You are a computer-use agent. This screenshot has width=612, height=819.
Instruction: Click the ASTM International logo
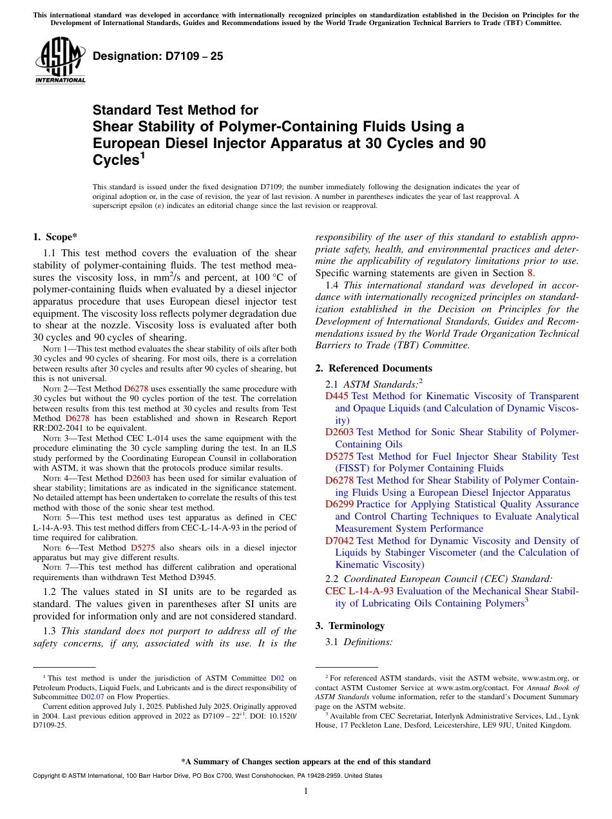[x=60, y=61]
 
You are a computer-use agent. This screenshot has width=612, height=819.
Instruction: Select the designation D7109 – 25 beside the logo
[x=158, y=56]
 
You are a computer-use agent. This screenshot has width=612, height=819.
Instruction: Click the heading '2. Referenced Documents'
[x=374, y=368]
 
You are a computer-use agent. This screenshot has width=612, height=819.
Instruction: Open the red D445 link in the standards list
[x=337, y=397]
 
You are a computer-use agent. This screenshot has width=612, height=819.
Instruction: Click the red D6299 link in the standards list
[x=339, y=504]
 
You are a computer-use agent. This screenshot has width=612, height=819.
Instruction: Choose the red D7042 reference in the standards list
[x=339, y=541]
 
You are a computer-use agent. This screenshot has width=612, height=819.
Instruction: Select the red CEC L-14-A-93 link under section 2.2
[x=359, y=591]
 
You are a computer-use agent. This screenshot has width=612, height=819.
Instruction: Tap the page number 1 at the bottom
[x=306, y=791]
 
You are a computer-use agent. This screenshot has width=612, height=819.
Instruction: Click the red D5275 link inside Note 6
[x=142, y=548]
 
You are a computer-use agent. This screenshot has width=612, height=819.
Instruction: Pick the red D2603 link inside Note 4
[x=137, y=478]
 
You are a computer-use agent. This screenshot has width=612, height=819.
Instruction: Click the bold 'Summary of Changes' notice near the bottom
[x=306, y=762]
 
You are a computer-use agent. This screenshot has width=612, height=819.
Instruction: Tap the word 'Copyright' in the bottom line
[x=48, y=776]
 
